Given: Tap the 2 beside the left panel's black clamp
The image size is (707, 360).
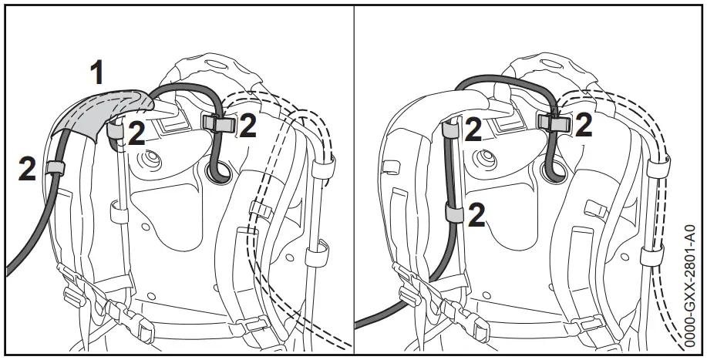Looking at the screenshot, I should click(x=247, y=126).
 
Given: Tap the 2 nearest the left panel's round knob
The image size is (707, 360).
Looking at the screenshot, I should click(x=136, y=134).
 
